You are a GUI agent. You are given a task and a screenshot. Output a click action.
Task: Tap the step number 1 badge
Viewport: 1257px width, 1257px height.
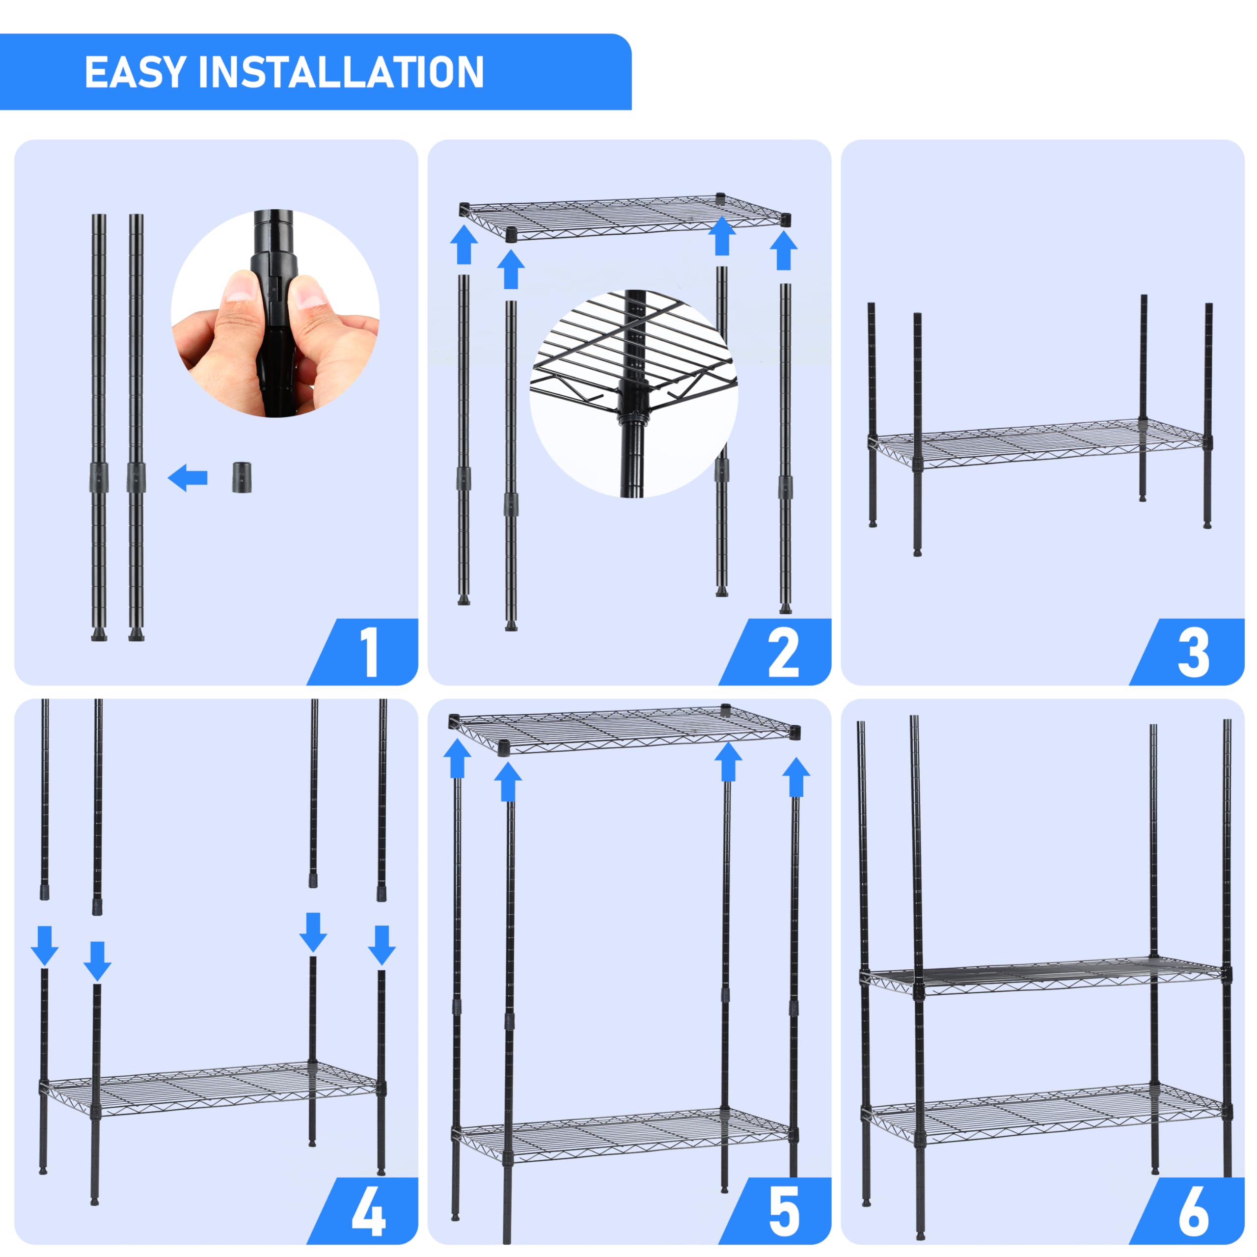369,653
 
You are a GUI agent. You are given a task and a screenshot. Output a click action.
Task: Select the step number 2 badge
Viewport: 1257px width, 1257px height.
783,653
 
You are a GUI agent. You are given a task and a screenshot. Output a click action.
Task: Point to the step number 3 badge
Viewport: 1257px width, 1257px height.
1193,653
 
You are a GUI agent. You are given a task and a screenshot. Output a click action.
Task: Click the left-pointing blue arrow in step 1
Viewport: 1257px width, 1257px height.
188,478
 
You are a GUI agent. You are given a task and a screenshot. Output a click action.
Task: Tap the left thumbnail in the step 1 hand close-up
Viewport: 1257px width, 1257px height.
240,288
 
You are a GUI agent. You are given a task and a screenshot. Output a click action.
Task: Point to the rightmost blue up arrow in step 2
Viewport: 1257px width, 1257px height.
783,251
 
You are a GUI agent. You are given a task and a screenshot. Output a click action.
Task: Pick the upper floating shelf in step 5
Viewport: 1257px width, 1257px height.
625,731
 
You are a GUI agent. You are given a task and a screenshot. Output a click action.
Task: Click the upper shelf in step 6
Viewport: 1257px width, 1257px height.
1044,977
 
